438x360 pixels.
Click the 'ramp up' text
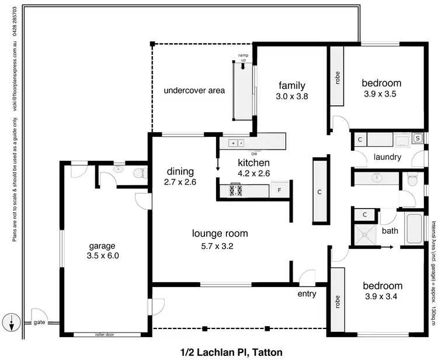coord(243,57)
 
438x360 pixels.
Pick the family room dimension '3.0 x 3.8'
coord(292,96)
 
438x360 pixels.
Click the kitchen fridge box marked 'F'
coord(280,190)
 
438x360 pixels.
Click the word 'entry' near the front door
coord(307,293)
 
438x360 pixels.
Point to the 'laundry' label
coord(387,157)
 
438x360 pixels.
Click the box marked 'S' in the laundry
coord(418,139)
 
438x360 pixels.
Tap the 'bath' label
coord(390,231)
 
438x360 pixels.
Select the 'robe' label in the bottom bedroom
coord(321,302)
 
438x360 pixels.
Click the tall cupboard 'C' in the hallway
coord(319,191)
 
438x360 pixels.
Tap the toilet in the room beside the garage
coord(139,174)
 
